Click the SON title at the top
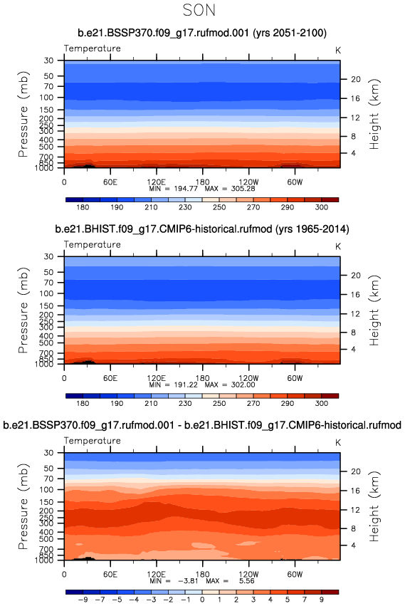[x=199, y=10]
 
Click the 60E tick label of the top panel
[x=110, y=182]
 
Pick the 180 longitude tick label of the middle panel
[x=202, y=378]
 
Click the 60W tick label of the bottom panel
[x=295, y=574]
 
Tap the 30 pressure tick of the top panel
[x=48, y=61]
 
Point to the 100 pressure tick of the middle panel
[x=46, y=293]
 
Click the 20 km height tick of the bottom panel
[x=356, y=471]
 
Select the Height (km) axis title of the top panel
[x=374, y=114]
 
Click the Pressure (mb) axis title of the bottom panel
[x=23, y=506]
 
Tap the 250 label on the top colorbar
[x=219, y=207]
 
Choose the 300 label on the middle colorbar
[x=322, y=403]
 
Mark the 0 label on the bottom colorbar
[x=202, y=600]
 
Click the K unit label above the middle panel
[x=338, y=246]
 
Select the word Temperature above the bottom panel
[x=93, y=441]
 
